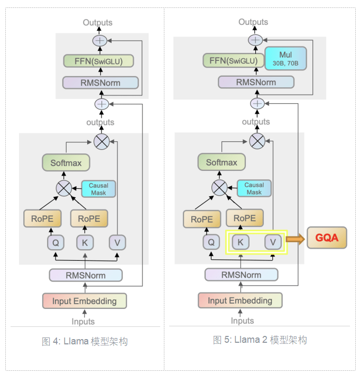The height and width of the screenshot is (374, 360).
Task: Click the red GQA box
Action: tap(327, 238)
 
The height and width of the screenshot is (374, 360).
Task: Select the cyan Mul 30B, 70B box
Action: tap(285, 58)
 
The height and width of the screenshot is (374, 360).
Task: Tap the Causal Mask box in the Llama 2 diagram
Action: tap(254, 188)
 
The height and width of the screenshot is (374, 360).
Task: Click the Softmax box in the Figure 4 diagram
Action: tap(66, 163)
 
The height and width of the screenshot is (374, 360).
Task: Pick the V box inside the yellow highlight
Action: tap(273, 242)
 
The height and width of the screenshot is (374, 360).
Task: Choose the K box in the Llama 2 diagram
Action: tap(241, 242)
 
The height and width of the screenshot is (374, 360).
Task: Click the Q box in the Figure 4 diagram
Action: tap(56, 243)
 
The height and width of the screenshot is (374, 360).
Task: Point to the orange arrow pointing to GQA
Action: tap(295, 239)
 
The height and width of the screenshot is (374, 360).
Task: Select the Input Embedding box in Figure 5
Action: tap(240, 300)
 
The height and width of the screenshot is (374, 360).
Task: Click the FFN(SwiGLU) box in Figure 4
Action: tap(98, 61)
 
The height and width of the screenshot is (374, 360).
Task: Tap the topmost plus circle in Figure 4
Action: tap(100, 41)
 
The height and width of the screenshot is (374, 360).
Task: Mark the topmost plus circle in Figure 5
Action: tap(255, 40)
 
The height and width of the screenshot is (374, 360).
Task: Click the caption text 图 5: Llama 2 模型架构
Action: tap(260, 340)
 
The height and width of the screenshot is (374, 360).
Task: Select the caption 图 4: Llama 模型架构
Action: tap(85, 342)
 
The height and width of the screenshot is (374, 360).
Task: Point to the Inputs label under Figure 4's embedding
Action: tap(83, 322)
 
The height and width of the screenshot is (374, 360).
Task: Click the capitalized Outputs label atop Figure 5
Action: tap(253, 22)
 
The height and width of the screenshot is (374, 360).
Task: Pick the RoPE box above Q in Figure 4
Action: tap(42, 218)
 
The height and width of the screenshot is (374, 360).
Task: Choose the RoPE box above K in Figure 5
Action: tap(245, 218)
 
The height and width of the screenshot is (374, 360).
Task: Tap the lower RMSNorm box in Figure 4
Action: tap(86, 275)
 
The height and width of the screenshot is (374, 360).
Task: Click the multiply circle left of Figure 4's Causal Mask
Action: tap(64, 188)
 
